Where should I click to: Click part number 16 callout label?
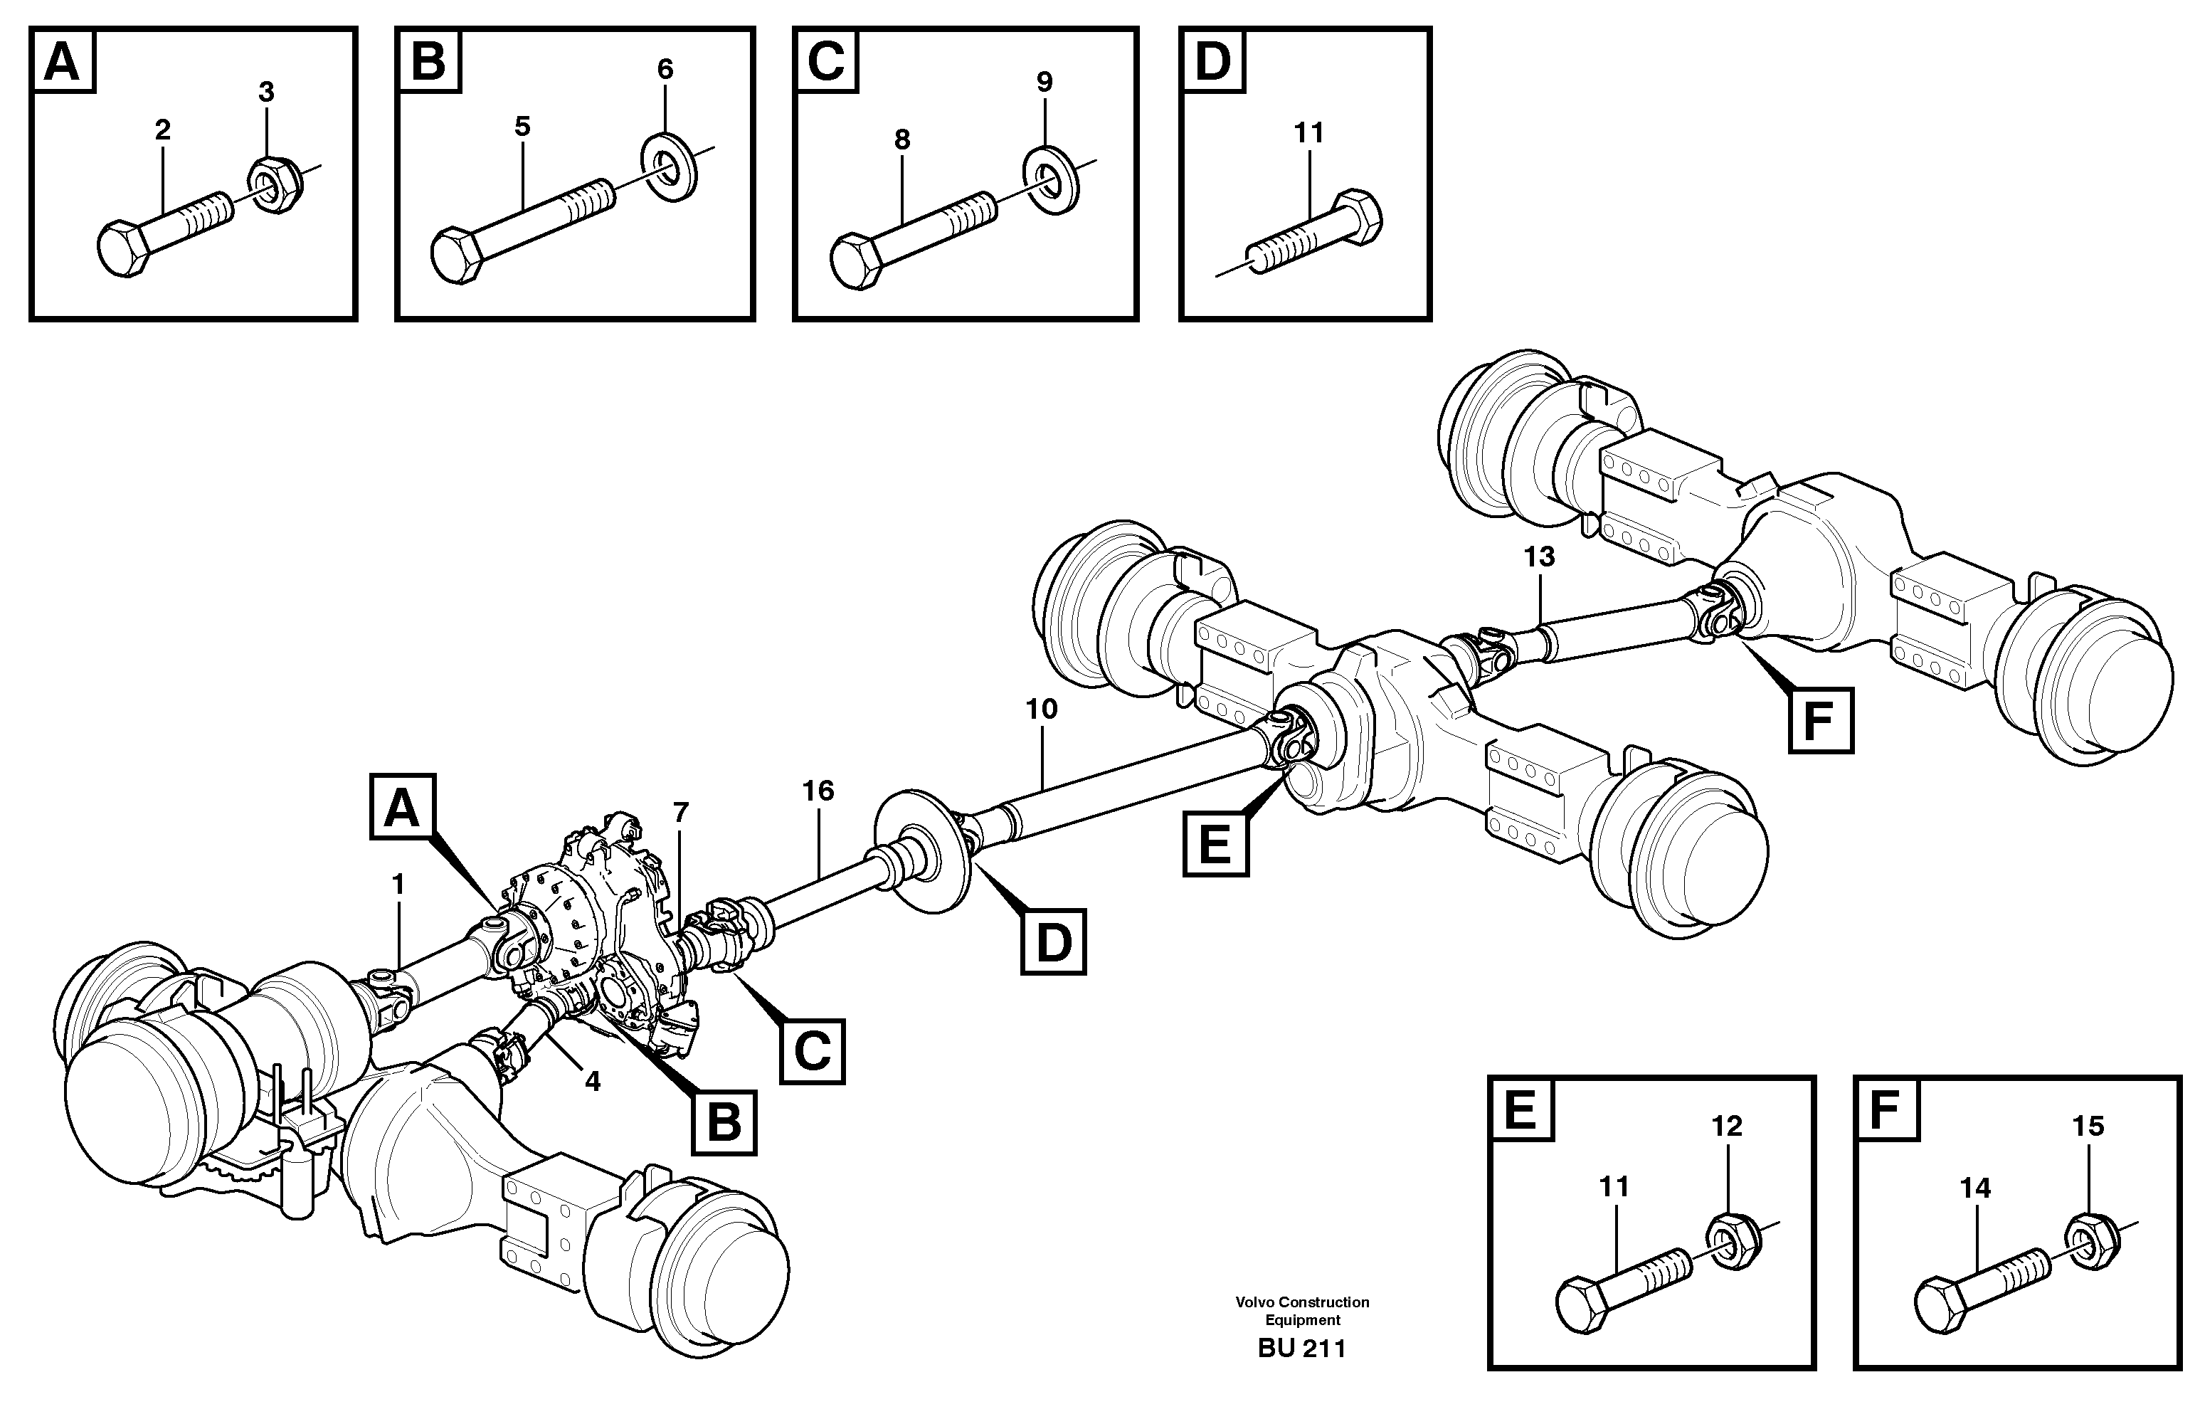(x=818, y=791)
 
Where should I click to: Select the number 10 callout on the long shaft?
(x=1041, y=710)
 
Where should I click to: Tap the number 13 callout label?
(x=1539, y=556)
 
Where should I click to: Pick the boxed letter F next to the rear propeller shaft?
(x=1820, y=720)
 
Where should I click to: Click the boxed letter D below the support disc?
(x=1053, y=942)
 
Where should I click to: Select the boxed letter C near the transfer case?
(x=812, y=1050)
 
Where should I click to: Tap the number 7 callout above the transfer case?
(x=680, y=813)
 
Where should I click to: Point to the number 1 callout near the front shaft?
(x=398, y=885)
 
